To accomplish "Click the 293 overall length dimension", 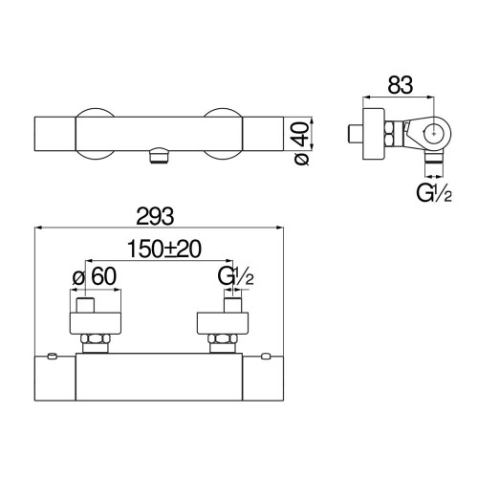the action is click(155, 216).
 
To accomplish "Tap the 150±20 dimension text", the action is click(164, 249).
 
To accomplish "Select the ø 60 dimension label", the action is click(95, 276).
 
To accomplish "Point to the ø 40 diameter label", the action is click(302, 143).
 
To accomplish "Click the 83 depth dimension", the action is click(401, 85).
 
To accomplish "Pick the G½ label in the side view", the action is click(434, 193).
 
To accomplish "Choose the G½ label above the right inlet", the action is click(236, 276).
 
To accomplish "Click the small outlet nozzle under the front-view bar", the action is click(159, 156).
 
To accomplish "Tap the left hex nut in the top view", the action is click(96, 338).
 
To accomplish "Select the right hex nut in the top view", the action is click(223, 338).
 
